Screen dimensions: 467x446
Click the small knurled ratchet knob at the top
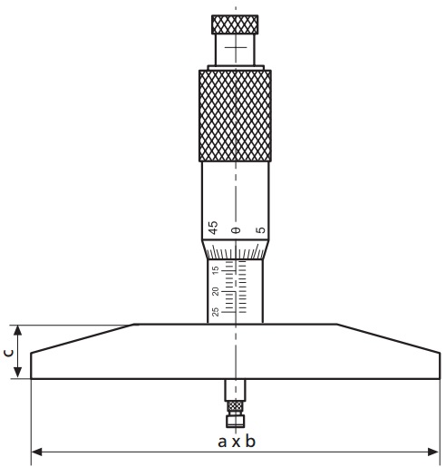[235, 23]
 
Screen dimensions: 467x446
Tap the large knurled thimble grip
[235, 116]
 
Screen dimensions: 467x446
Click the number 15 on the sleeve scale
[215, 270]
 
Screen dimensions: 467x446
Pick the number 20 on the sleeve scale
[215, 291]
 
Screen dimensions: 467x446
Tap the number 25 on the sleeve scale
[215, 312]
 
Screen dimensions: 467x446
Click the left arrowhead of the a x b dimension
[36, 450]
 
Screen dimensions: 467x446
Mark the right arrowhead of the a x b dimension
[437, 450]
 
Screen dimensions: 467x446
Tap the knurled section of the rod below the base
[235, 407]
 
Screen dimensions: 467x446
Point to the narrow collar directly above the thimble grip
[235, 66]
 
